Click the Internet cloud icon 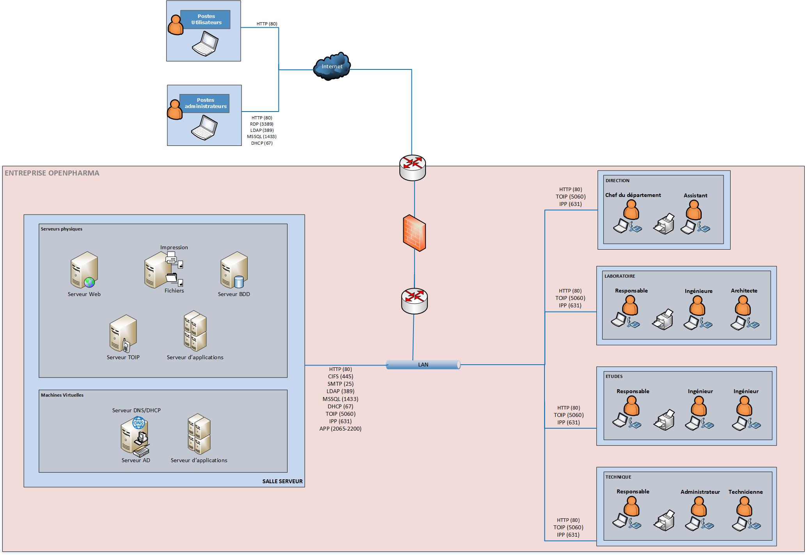332,66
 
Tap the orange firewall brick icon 414,233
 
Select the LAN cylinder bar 423,365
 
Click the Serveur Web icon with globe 84,270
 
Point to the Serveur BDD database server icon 234,270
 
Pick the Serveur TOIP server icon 123,333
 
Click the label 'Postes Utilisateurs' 206,20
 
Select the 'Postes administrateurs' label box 205,103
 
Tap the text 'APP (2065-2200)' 340,429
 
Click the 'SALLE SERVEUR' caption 282,481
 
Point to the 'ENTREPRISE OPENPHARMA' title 52,173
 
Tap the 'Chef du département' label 633,195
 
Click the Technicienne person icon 744,507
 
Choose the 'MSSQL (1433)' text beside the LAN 340,399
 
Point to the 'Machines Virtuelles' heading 62,395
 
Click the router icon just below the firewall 414,301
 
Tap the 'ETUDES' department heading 614,376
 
